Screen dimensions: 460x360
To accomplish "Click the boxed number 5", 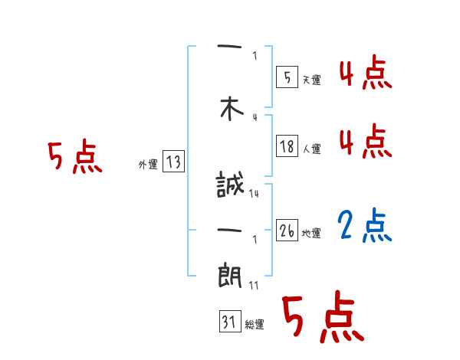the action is coord(287,77).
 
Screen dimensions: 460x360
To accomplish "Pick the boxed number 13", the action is coord(173,162).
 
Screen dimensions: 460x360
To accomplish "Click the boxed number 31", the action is coord(229,322).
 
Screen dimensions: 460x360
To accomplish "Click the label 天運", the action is coord(311,80).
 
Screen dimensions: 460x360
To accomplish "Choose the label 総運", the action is coord(255,325).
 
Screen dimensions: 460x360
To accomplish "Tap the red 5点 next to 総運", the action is coord(322,318).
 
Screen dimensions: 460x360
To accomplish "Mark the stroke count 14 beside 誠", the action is coord(254,194).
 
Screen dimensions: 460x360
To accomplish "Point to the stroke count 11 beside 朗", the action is coord(254,286).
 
